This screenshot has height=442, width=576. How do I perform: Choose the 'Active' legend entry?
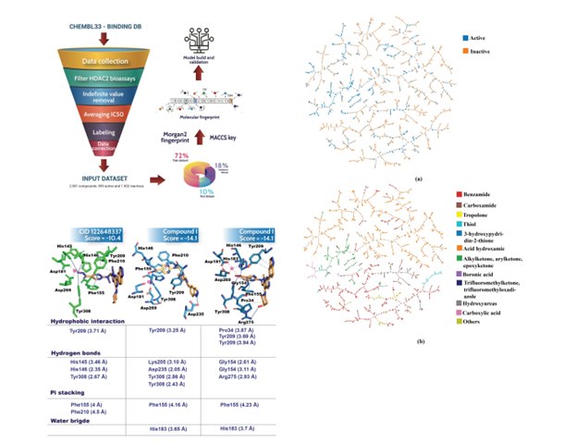[x=477, y=38]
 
